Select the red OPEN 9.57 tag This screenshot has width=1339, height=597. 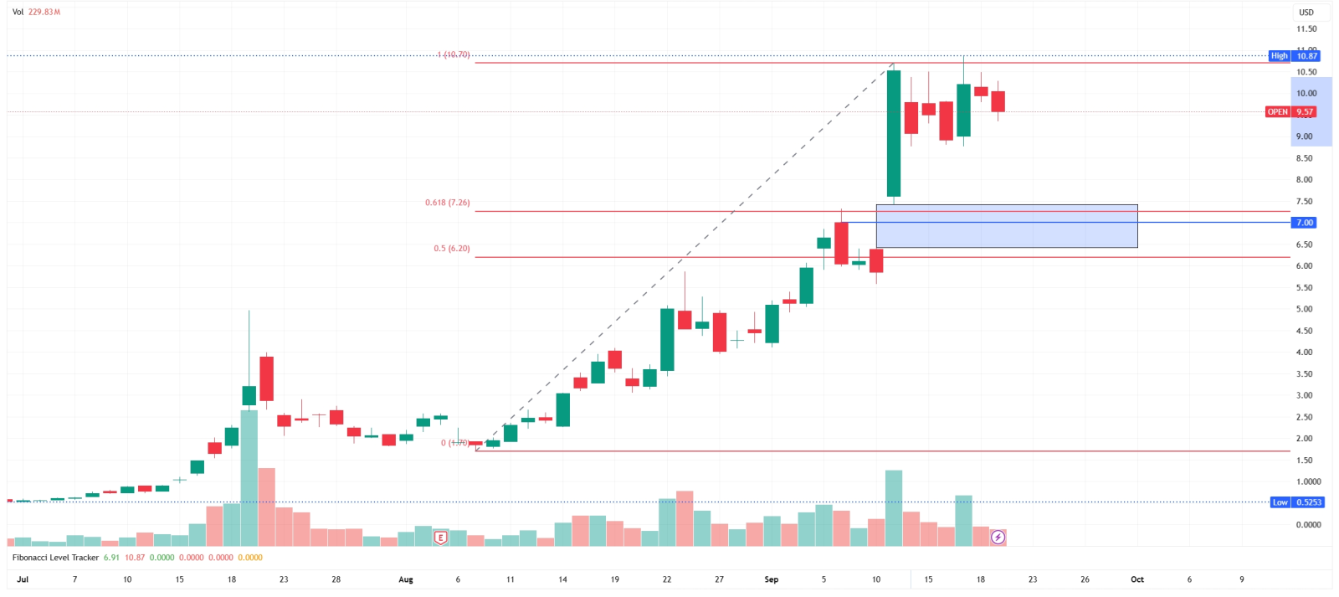(1291, 111)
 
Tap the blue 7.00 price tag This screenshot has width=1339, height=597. (1305, 223)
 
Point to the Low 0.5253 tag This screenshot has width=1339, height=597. (1296, 502)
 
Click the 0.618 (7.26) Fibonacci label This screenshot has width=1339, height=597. (447, 203)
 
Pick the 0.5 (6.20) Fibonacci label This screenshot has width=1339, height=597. (451, 249)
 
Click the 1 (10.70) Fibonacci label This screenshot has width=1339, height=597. (453, 54)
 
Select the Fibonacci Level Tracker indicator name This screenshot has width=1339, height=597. (55, 558)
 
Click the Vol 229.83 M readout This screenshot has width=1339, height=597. (36, 13)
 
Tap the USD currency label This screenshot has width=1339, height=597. (1306, 13)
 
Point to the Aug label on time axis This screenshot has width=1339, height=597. (406, 579)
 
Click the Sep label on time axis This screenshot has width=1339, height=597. (771, 579)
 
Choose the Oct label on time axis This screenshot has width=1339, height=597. (1136, 579)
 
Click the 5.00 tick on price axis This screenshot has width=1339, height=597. (1304, 309)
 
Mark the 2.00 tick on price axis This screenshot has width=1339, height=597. (1304, 439)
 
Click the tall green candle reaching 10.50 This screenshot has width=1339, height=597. (894, 134)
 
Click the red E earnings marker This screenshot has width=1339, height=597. (440, 538)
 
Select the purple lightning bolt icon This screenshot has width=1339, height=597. (998, 537)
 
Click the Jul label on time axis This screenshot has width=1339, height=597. (23, 579)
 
